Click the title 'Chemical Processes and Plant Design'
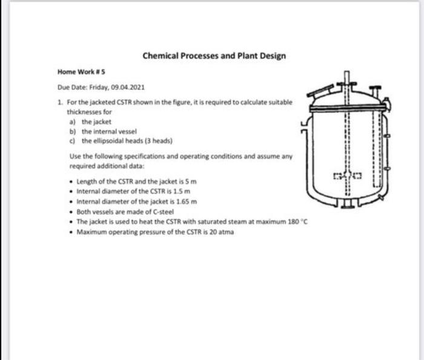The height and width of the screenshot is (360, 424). (214, 56)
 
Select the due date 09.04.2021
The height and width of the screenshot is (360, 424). (125, 87)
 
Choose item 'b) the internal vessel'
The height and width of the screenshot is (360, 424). (101, 130)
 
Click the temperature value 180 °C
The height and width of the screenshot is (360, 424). (295, 221)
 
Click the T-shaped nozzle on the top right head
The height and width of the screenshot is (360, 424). (376, 91)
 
